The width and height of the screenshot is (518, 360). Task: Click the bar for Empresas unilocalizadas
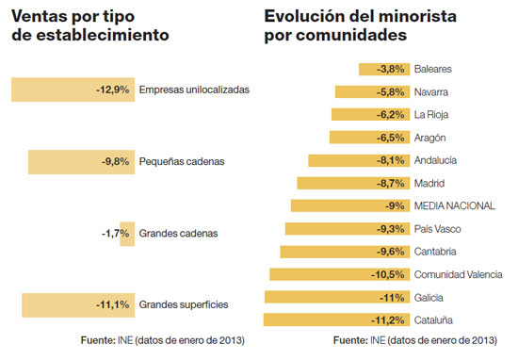[x=71, y=90]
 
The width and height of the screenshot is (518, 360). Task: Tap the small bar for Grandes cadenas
[x=127, y=233]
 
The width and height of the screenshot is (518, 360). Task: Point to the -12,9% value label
[x=112, y=90]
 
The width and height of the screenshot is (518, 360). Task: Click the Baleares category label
[x=433, y=69]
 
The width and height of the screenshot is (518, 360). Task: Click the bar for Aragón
[x=368, y=138]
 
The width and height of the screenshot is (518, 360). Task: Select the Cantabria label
[x=435, y=252]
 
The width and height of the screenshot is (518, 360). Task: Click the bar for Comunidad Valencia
[x=338, y=274]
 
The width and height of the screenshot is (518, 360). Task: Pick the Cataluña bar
[x=336, y=319]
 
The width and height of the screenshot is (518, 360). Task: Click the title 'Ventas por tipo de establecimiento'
[x=89, y=26]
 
